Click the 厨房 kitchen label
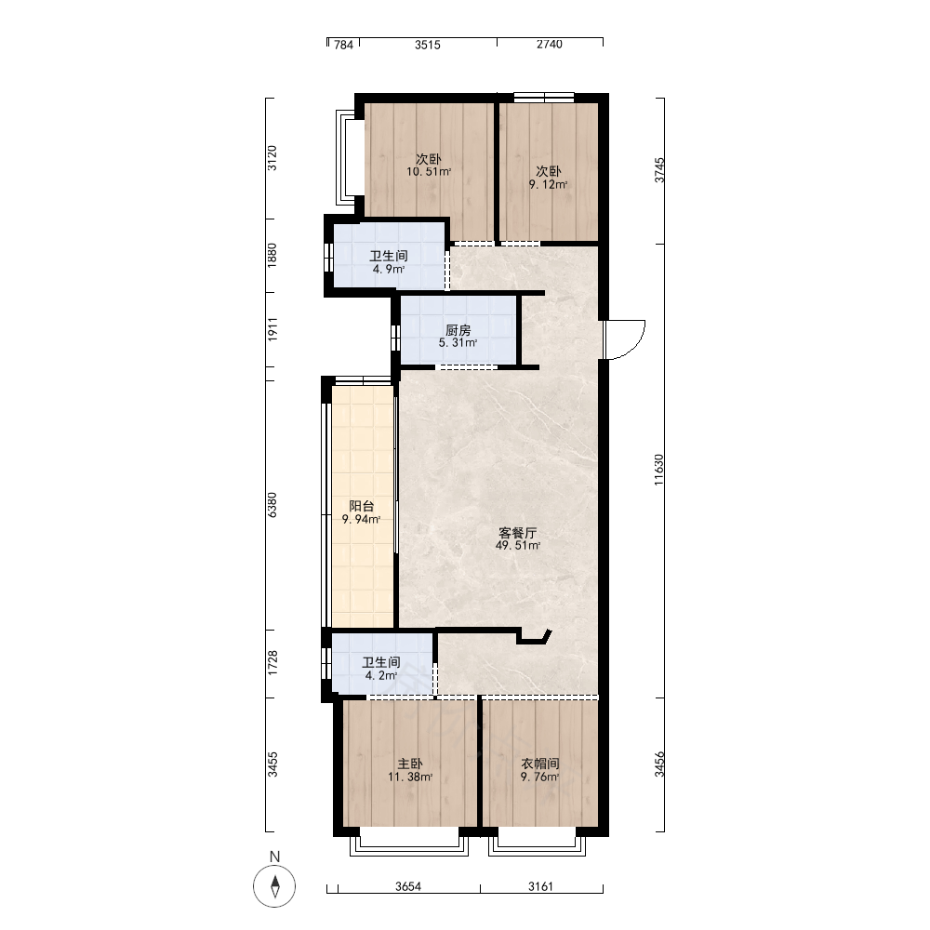tap(458, 330)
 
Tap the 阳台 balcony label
tap(361, 506)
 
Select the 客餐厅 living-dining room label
tap(518, 533)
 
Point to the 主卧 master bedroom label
tap(410, 764)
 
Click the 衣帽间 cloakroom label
tap(539, 764)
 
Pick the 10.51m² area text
tap(429, 172)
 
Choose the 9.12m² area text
tap(548, 184)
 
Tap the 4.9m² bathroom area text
tap(389, 270)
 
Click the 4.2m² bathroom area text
tap(380, 675)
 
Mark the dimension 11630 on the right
tap(659, 471)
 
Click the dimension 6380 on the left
tap(272, 505)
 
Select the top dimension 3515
tap(428, 45)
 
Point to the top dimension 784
tap(343, 45)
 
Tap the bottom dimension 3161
tap(540, 886)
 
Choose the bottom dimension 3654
tap(408, 886)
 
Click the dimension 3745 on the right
tap(659, 170)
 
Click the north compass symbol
tap(274, 886)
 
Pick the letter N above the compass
tap(274, 857)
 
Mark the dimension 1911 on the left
tap(272, 329)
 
